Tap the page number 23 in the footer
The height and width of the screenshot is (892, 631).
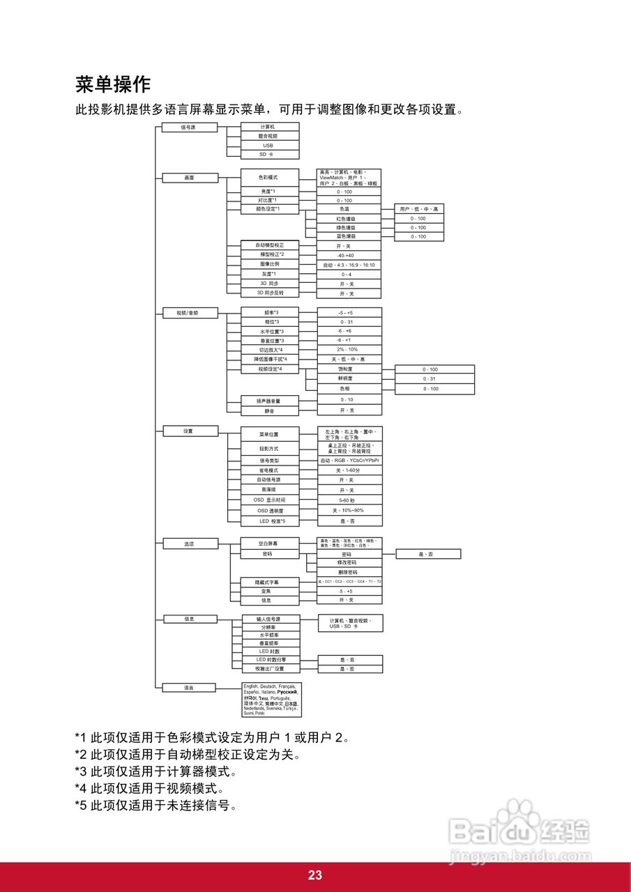[315, 876]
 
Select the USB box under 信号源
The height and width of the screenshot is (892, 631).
[269, 145]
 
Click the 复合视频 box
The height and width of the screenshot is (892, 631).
[269, 136]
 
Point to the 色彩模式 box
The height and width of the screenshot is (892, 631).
[269, 178]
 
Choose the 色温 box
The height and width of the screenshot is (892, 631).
[349, 209]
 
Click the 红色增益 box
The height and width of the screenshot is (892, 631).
[349, 219]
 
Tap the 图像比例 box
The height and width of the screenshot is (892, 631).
[269, 265]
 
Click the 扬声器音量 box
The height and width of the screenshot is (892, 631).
[269, 401]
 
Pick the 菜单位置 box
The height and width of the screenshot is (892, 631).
[269, 434]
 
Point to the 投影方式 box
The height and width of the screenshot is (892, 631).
[269, 449]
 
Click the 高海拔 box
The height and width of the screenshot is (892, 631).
[269, 490]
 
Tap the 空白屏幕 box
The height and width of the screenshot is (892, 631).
[269, 542]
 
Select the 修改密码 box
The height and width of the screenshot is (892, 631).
[349, 562]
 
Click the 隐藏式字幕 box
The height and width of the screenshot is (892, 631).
[269, 581]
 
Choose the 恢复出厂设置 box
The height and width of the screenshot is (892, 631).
[269, 669]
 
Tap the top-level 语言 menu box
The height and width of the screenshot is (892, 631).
[189, 688]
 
